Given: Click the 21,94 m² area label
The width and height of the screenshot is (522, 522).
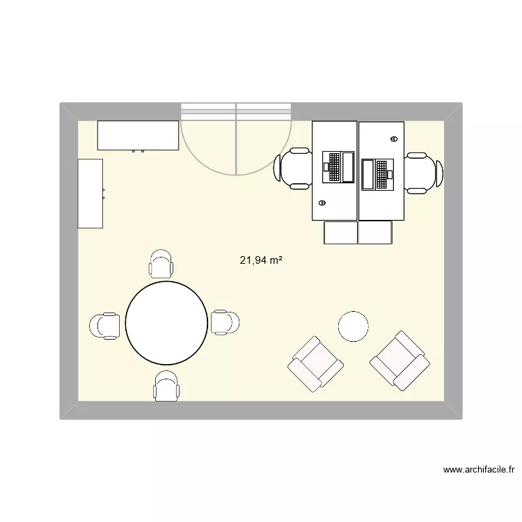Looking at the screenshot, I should click(261, 261).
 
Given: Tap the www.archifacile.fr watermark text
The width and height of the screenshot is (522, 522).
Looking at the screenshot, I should click(479, 470).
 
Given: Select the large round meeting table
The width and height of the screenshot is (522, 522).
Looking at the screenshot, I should click(166, 322).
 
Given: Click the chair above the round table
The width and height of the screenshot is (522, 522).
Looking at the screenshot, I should click(161, 264).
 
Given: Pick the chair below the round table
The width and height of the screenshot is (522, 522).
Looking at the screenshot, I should click(167, 386).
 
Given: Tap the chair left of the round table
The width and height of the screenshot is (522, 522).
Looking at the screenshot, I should click(105, 326).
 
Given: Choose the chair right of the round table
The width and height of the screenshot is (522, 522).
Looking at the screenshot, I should click(225, 322).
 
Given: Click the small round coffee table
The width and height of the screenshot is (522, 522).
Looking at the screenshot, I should click(353, 326).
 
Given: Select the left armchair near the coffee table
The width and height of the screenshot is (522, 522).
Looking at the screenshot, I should click(316, 363).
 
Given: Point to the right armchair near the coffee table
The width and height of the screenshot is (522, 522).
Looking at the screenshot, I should click(399, 359).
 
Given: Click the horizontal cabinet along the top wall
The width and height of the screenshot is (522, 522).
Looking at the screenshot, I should click(138, 135).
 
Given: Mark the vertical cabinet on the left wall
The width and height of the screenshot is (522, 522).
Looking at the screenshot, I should click(90, 193).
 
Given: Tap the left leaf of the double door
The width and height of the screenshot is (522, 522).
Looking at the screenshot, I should click(209, 139).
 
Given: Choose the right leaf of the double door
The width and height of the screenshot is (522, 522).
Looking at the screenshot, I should click(263, 139).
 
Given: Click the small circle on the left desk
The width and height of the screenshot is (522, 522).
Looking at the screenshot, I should click(322, 203).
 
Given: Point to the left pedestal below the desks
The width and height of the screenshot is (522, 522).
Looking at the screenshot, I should click(340, 232).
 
